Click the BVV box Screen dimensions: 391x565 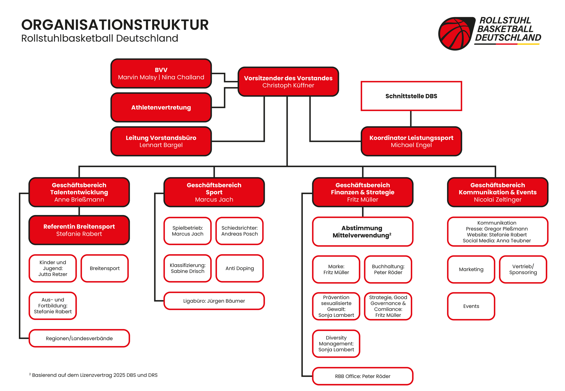point(161,73)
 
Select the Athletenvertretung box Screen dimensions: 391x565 point(161,107)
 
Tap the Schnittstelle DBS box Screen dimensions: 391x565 point(411,96)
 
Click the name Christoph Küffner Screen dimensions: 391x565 point(288,85)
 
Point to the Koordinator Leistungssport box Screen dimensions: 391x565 point(411,141)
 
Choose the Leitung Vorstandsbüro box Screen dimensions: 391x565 point(161,141)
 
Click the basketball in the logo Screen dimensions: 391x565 point(455,33)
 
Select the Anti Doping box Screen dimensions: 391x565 point(240,268)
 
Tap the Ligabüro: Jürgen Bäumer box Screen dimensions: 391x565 point(214,301)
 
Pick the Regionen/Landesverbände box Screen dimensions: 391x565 point(79,338)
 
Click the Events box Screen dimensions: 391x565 point(471,306)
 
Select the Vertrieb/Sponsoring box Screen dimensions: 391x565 point(523,269)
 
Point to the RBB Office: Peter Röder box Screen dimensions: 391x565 point(363,376)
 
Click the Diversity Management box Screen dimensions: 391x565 point(336,344)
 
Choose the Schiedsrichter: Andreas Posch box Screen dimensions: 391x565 point(240,231)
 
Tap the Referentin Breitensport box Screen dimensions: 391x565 point(79,230)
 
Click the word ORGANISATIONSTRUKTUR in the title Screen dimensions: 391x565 point(115,25)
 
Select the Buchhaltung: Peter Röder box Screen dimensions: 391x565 point(388,269)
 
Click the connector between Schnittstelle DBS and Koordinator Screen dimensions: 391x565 point(411,119)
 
